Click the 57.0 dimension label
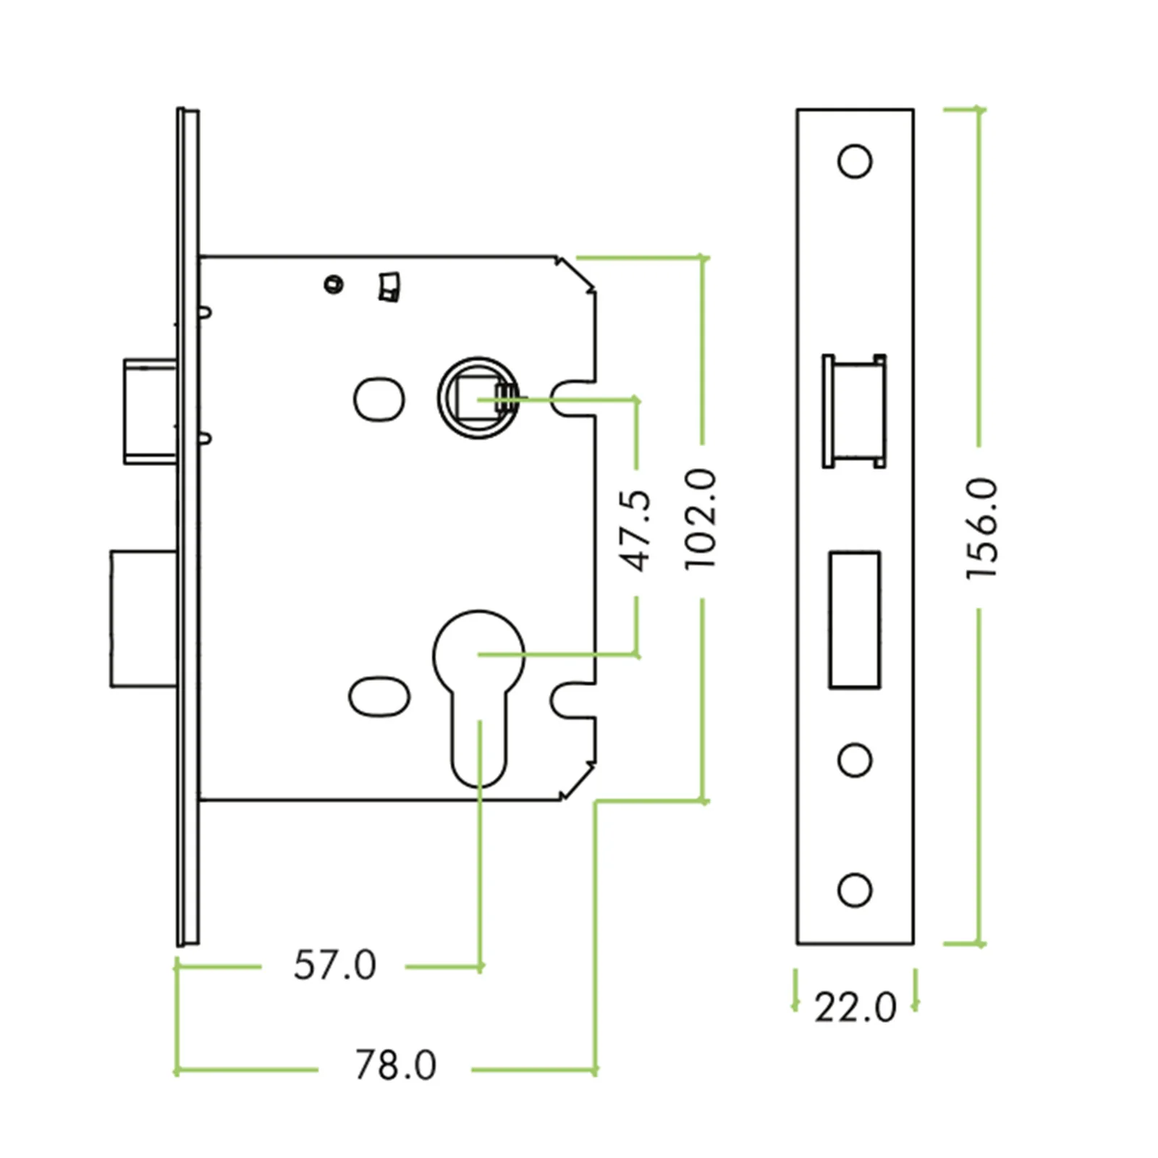point(334,965)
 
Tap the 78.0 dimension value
point(395,1065)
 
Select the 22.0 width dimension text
point(855,1007)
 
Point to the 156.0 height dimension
point(982,528)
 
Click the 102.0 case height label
point(700,518)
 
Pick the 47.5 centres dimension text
point(637,531)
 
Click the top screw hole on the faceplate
point(854,161)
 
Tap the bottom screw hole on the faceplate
point(854,889)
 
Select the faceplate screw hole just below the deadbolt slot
point(854,760)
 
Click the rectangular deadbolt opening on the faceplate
point(854,620)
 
